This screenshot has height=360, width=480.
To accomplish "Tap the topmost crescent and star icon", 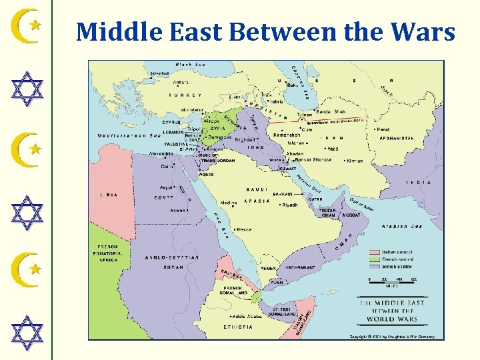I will pos(27,26).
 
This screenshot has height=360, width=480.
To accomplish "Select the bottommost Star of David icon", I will pos(27,333).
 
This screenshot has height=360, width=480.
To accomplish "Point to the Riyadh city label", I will pos(287,205).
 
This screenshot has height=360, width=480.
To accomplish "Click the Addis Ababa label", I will pos(247,316).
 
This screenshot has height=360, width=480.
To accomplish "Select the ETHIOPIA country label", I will pos(238,327).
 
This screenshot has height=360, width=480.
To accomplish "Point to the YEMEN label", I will pos(267,268).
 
